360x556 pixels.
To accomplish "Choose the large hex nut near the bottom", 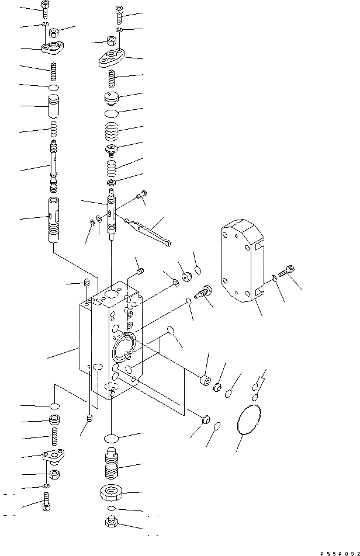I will click(110, 494).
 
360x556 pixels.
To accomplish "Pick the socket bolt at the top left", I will click(46, 8).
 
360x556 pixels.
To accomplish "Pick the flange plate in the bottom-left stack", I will click(53, 456).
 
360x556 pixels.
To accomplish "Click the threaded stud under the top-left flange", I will click(53, 75).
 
